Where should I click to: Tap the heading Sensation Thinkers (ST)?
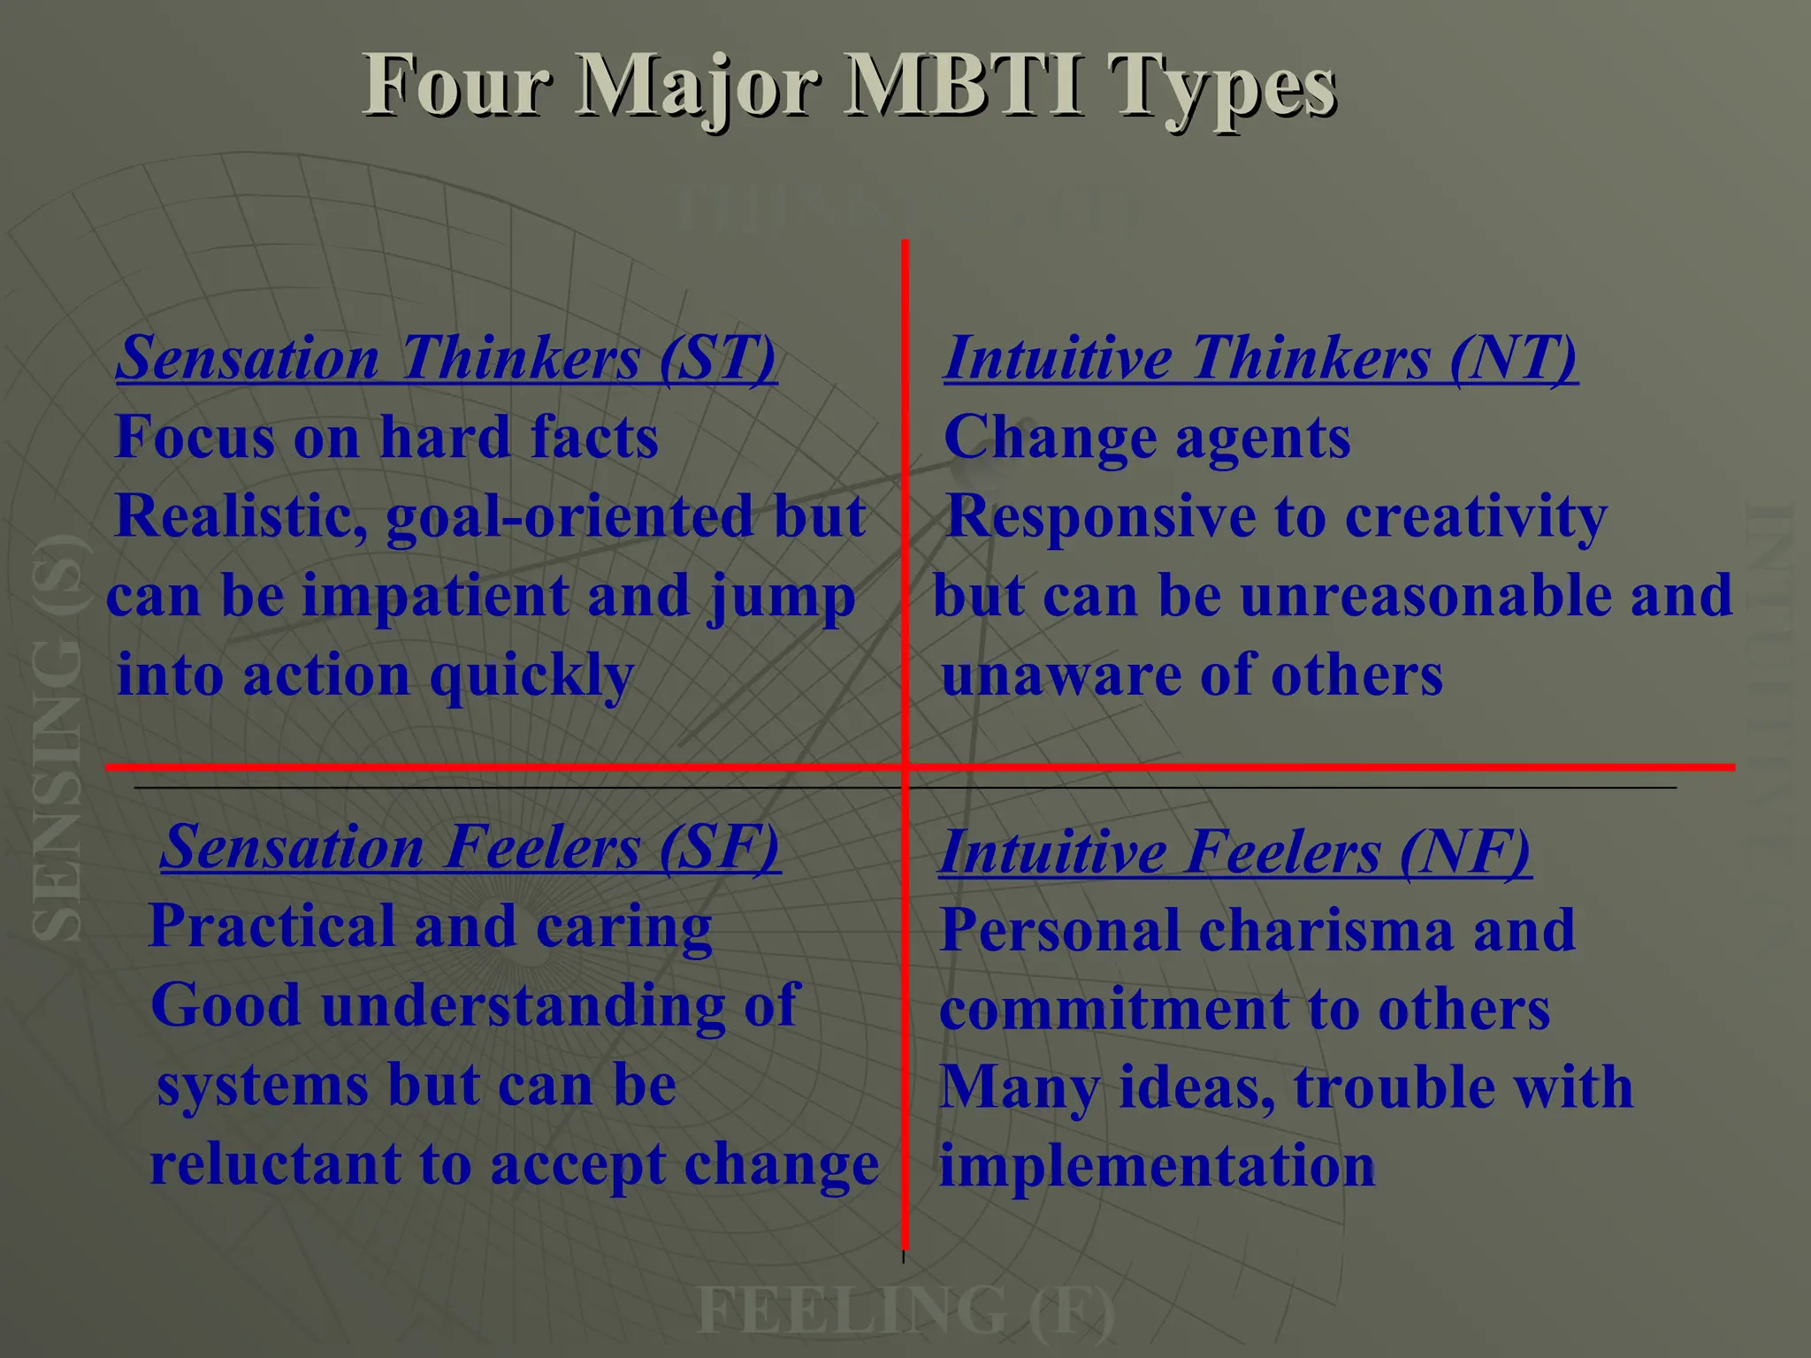click(x=447, y=358)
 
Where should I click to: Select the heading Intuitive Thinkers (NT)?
click(x=1260, y=358)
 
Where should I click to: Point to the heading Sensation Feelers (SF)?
click(x=470, y=847)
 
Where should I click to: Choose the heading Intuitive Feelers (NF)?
click(x=1234, y=852)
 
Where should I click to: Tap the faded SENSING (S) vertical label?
click(x=58, y=738)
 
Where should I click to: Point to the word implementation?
click(x=1157, y=1165)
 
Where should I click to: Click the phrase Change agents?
click(x=1147, y=438)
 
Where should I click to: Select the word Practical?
click(x=271, y=927)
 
